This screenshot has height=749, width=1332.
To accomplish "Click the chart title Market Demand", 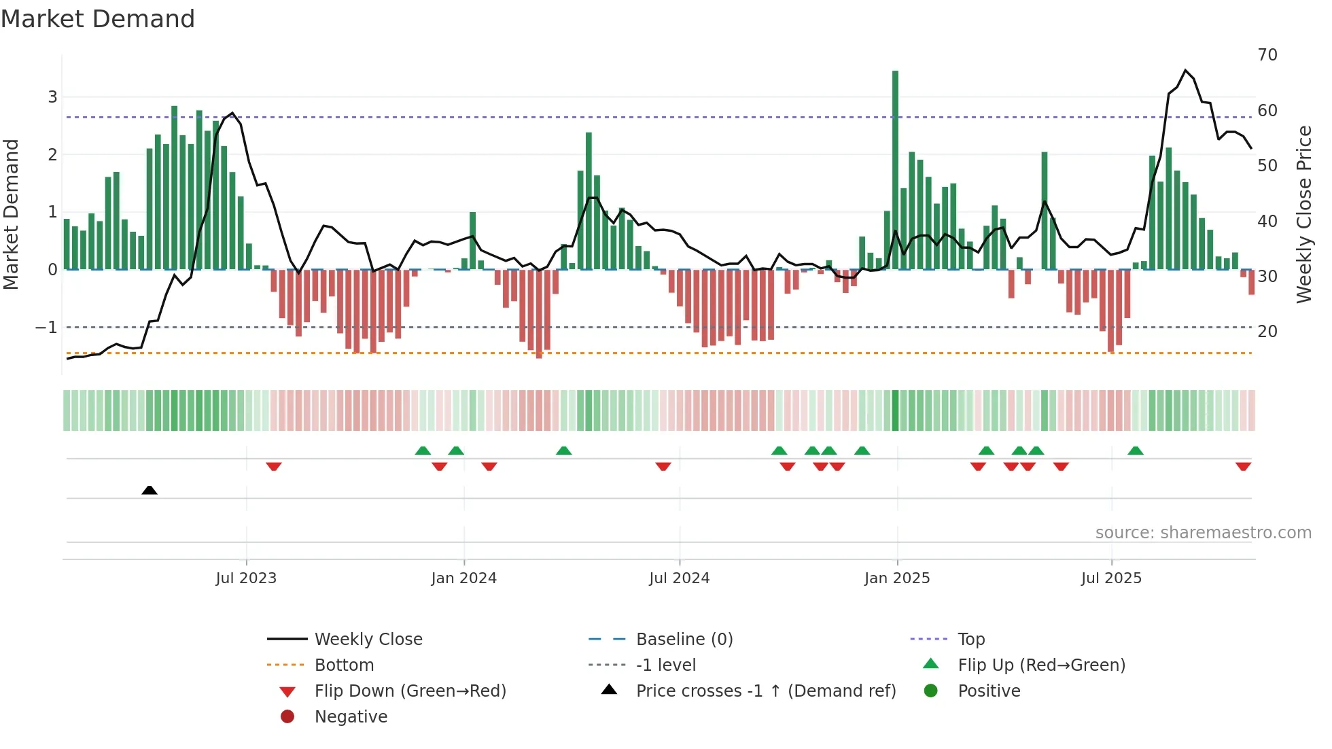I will pos(98,19).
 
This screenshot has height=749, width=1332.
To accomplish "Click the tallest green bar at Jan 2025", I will pos(895,170).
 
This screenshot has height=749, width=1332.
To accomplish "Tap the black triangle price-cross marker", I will pos(150,490).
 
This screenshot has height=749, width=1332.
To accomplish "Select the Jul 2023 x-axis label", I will pos(246,578).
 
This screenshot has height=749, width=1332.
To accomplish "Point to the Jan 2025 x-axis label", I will pos(897,578).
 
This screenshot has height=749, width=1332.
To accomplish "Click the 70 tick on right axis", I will pos(1267,55).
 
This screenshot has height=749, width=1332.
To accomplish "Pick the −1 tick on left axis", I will pos(46,328).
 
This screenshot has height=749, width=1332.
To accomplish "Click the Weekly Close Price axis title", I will pos(1303,214).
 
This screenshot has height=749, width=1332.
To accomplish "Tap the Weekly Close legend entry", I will pos(368,640).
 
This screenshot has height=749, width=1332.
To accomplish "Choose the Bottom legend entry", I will pos(344,665).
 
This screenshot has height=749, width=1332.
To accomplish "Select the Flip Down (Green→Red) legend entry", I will pos(410,691).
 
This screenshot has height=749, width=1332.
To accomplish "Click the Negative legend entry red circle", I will pos(287,717).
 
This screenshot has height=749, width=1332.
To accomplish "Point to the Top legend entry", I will pos(970,640).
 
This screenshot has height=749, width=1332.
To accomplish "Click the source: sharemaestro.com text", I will pos(1203,533).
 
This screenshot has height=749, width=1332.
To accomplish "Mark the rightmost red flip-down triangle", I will pos(1243,467).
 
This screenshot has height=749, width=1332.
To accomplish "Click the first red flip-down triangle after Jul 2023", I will pos(274,467).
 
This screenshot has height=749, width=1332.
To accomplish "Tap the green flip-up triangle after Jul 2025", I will pos(1135,450).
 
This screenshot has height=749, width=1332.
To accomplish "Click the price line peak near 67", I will pos(1185,71).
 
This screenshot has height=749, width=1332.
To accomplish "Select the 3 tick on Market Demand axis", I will pos(52,97).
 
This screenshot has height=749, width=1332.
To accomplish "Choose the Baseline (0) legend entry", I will pos(684,640).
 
